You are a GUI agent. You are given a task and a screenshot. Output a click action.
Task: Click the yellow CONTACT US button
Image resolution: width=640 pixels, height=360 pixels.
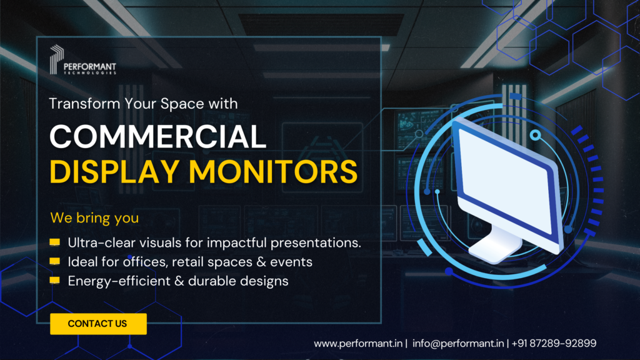[x=98, y=324]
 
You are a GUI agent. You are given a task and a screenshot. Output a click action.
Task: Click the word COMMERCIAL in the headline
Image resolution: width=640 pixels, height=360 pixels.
[x=157, y=136]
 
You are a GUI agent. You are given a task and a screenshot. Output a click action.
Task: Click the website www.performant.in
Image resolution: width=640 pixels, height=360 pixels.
[x=359, y=343]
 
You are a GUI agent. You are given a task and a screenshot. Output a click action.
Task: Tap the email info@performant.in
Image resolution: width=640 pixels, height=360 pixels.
[x=459, y=343]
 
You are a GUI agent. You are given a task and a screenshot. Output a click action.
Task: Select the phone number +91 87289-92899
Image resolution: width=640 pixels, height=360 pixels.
[x=554, y=343]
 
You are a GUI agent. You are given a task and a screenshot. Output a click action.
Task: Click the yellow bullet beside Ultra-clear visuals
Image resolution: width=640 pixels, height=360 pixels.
[x=55, y=242]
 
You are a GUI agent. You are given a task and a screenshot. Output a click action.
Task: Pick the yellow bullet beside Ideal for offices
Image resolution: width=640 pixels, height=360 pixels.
[x=55, y=261]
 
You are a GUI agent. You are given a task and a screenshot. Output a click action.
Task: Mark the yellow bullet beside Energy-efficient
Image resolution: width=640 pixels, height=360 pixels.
[x=55, y=281]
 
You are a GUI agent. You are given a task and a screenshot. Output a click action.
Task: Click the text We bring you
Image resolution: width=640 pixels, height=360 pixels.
[x=94, y=219]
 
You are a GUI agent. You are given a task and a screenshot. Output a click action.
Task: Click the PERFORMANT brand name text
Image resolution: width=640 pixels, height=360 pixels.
[x=90, y=66]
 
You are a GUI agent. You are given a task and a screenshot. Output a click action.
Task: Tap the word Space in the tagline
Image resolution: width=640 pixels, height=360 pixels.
[x=176, y=103]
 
